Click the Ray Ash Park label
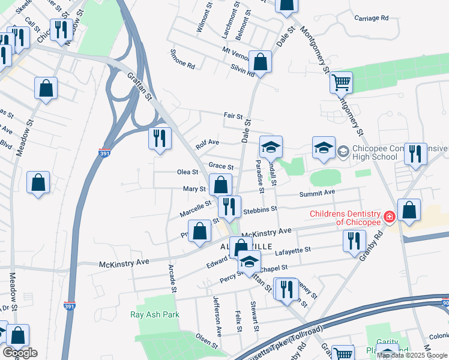[155, 314]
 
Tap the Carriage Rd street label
[367, 19]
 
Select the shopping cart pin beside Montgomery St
[341, 83]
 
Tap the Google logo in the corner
[20, 353]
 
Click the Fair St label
[233, 116]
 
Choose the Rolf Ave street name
[208, 143]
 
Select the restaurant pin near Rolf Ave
[160, 139]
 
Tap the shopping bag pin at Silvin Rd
[261, 62]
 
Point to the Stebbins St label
[259, 210]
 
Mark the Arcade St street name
[172, 278]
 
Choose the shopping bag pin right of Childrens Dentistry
[409, 211]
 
